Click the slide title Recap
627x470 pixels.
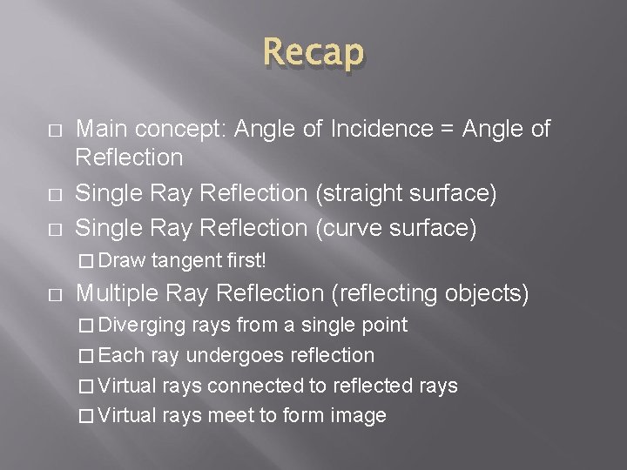(313, 54)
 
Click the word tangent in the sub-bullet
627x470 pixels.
(186, 260)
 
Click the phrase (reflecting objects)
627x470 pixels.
(430, 294)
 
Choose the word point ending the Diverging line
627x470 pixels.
(385, 326)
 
